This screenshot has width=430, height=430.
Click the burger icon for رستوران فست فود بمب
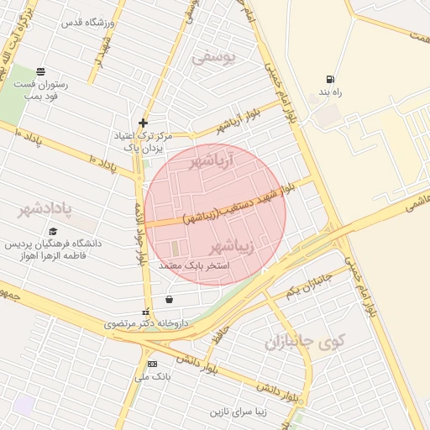(x=39, y=71)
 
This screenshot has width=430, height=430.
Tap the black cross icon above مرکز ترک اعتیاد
(x=144, y=123)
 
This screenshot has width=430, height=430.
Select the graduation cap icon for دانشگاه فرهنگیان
(x=53, y=232)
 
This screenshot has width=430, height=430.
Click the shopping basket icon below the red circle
(x=170, y=298)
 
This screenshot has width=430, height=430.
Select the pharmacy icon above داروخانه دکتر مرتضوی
(x=146, y=312)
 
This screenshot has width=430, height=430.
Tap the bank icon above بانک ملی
(x=152, y=364)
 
